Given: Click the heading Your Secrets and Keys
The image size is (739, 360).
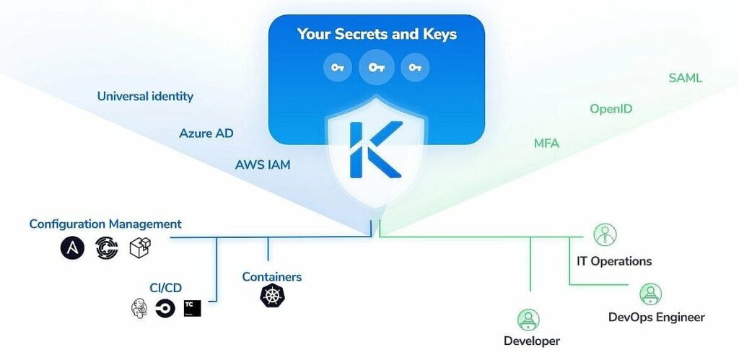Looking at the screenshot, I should click(377, 34).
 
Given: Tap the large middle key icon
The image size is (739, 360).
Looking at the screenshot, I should click(376, 67).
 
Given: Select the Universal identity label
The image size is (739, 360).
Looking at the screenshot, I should click(145, 96).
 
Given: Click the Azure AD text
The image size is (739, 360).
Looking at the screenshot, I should click(206, 133).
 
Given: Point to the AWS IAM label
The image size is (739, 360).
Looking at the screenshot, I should click(263, 165).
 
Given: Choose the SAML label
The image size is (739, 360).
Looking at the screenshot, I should click(686, 77).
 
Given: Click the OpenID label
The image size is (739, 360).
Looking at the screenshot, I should click(611, 109).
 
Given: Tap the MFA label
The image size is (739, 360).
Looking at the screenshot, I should click(546, 144).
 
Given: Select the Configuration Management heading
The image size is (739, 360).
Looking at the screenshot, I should click(105, 224).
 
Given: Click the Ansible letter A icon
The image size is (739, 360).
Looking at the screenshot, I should click(72, 249).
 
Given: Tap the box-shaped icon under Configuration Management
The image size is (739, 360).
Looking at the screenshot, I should click(139, 249).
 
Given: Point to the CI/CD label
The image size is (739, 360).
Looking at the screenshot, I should click(165, 288).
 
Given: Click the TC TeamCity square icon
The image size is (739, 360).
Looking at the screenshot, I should click(192, 308).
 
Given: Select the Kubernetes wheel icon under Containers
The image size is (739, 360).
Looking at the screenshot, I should click(271, 295).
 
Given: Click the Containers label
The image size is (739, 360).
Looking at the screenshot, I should click(271, 276).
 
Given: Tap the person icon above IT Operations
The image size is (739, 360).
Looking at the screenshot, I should click(605, 234).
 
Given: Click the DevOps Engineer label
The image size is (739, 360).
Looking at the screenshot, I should click(656, 317).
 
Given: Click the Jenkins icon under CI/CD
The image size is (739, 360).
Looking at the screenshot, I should click(139, 309).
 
